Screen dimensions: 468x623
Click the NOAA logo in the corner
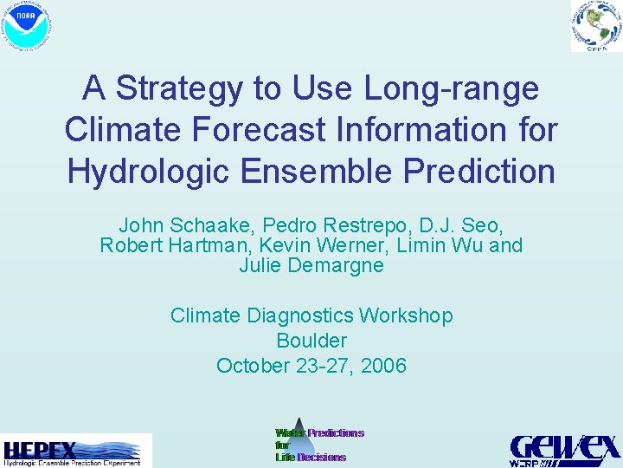pos(28,27)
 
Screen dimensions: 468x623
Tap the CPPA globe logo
pos(595,26)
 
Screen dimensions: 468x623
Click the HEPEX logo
pos(75,452)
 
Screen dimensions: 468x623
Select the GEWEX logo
pos(564,450)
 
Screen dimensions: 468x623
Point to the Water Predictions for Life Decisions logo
pos(319,445)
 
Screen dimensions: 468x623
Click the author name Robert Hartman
pos(163,245)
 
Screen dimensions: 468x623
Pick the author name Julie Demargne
pos(311,265)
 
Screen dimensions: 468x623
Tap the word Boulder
pos(311,341)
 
